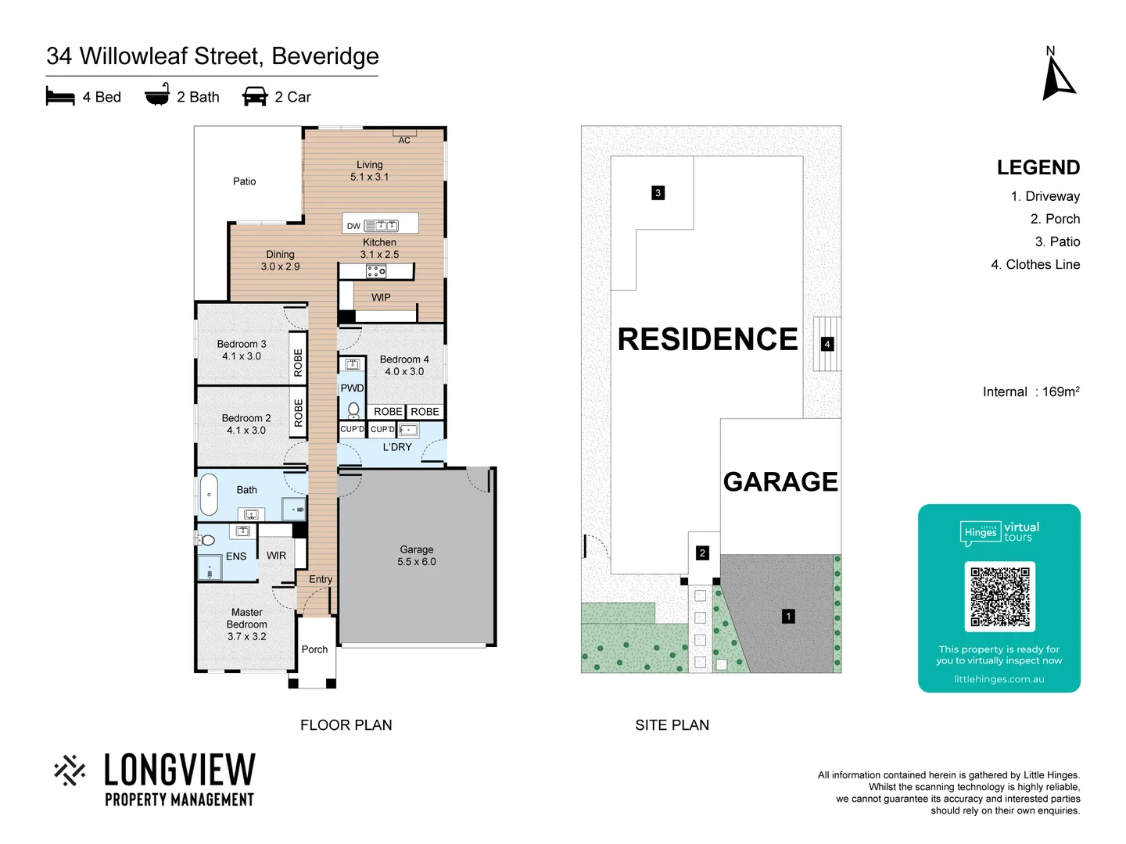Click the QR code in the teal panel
999,596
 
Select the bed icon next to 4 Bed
60,96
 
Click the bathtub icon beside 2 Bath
157,95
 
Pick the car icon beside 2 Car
255,96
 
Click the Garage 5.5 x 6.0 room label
416,556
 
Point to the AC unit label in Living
404,141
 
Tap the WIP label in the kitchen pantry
381,298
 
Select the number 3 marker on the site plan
658,193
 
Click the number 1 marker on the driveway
788,617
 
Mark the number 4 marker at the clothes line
827,344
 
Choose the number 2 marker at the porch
702,553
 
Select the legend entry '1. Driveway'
1045,197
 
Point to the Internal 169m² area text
1031,392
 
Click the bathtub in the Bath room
209,495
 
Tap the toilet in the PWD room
353,409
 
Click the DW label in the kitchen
353,227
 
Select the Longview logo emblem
70,771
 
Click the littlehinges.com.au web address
999,679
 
